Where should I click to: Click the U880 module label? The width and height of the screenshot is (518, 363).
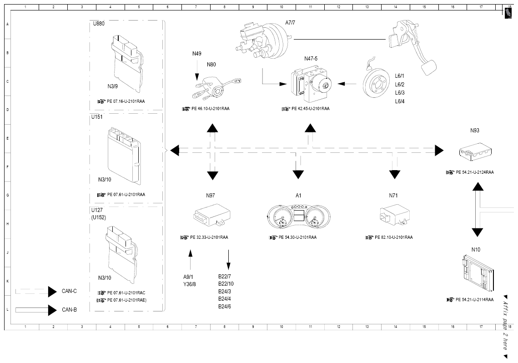(99, 24)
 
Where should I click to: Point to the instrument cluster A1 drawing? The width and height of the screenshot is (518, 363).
(298, 216)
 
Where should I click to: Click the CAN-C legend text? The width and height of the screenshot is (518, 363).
(70, 291)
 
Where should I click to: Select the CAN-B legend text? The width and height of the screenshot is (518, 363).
(70, 309)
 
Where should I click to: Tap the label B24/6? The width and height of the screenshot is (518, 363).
(225, 307)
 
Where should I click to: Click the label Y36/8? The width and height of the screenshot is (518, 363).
(190, 284)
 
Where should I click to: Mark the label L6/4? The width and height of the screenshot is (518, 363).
(400, 101)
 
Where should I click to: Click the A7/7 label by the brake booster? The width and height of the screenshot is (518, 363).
(291, 22)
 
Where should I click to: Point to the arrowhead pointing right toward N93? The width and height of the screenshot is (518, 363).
(439, 150)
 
